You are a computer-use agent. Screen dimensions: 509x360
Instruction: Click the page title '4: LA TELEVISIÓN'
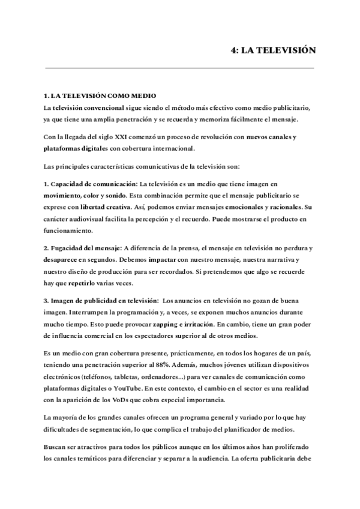coord(273,52)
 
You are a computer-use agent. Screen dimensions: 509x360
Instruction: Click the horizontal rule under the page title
coord(180,68)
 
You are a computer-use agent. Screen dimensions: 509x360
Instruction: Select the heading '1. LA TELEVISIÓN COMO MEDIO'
coord(100,96)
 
